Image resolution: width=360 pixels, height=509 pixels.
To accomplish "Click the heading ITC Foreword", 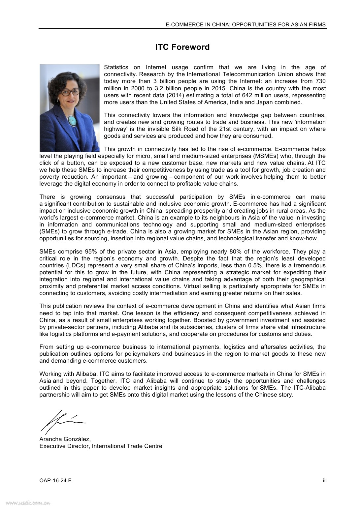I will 182,47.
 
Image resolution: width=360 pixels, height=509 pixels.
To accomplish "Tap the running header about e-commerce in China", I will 245,24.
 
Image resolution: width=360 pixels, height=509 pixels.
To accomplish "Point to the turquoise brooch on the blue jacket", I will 72,121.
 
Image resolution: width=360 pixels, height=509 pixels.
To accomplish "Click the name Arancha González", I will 65,439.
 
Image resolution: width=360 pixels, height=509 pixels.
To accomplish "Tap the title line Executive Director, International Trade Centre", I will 101,446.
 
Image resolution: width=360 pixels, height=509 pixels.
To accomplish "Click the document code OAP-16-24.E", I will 55,480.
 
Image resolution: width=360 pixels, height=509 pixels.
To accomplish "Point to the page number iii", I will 325,480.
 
